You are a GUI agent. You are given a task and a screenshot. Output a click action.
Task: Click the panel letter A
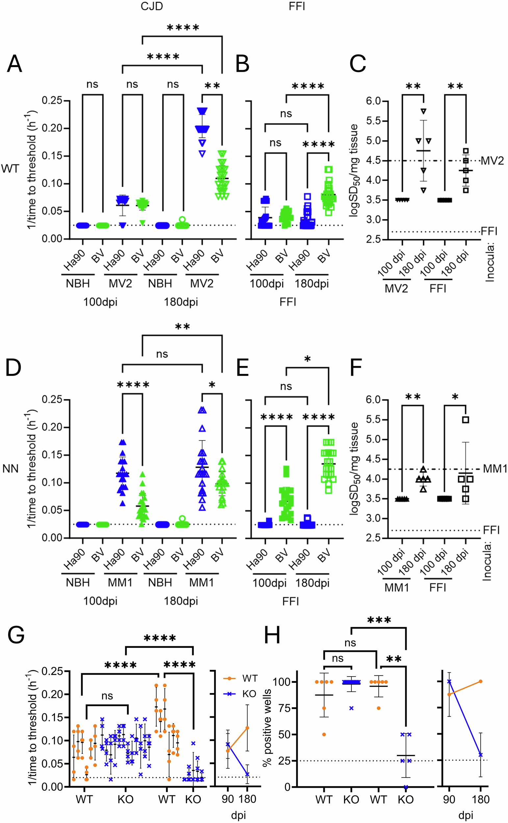point(14,64)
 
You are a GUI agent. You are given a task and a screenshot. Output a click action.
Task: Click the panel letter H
point(272,635)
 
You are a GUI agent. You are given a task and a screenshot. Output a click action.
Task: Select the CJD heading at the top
point(152,6)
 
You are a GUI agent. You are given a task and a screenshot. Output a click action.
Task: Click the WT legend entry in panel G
point(250,678)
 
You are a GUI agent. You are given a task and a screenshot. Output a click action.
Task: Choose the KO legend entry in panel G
point(249,694)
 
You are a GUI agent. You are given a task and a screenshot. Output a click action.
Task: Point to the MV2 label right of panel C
point(492,161)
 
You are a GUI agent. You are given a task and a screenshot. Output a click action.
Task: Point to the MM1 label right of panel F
point(494,469)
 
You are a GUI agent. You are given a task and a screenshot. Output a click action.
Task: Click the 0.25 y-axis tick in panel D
point(52,399)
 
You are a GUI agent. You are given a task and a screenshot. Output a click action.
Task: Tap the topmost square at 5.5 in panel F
point(465,420)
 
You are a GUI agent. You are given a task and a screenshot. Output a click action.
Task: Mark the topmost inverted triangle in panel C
point(424,111)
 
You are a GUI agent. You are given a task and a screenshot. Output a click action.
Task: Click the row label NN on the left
point(10,469)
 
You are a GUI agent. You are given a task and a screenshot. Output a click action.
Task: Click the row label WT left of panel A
point(10,169)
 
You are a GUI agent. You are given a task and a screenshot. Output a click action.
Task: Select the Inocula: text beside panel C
point(490,263)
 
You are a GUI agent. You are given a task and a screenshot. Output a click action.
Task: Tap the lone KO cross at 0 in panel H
point(406,787)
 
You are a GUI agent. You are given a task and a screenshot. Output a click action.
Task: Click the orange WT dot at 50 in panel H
point(324,734)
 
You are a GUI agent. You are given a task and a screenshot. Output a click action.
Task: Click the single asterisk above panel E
point(307,359)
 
